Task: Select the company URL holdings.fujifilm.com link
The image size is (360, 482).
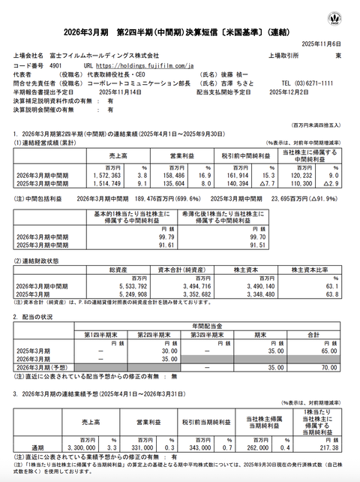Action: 142,65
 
